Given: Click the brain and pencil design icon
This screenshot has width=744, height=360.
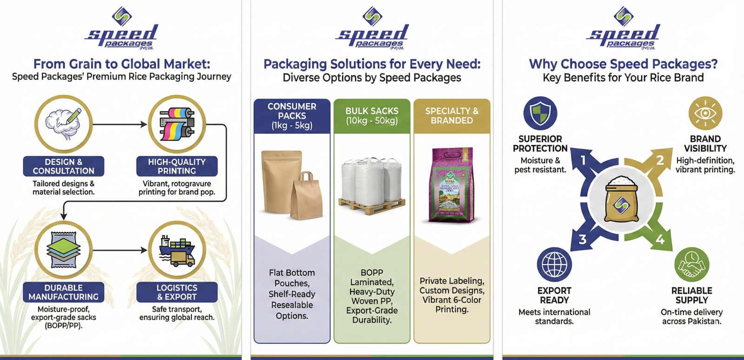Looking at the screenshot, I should tap(64, 124).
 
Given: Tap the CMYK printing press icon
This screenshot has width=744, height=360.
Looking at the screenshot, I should tap(177, 124).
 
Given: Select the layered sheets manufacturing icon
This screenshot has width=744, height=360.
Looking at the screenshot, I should tap(64, 250).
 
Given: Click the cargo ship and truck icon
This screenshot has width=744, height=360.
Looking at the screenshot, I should tap(177, 250).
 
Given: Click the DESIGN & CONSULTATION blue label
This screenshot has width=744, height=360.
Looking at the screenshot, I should tap(64, 166).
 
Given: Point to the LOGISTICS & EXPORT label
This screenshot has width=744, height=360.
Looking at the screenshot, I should tap(177, 292).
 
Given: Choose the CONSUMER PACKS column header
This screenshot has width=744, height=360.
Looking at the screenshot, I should tap(292, 116).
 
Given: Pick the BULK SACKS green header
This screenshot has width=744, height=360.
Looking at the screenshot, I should tap(372, 116).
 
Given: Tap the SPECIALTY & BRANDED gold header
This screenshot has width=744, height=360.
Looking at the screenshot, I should tap(452, 116).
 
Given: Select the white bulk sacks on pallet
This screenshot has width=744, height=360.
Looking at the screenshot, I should tap(372, 185).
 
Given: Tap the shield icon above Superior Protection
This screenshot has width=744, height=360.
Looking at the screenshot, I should tap(540, 113).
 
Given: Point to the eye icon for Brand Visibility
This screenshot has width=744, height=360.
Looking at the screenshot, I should tap(705, 113).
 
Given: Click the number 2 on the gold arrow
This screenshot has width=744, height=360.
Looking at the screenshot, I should tap(660, 160).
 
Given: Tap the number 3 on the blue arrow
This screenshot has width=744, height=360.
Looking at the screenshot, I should tap(582, 240).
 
